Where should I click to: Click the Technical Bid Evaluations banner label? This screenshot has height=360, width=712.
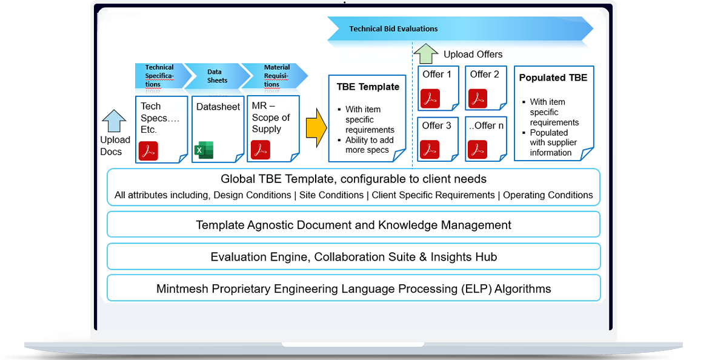pyautogui.click(x=393, y=28)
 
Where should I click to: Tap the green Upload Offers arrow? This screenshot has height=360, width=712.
pyautogui.click(x=425, y=53)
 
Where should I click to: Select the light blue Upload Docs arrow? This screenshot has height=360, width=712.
pyautogui.click(x=113, y=120)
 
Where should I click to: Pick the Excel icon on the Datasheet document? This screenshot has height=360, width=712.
pyautogui.click(x=204, y=150)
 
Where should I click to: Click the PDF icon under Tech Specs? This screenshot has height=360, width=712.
pyautogui.click(x=148, y=150)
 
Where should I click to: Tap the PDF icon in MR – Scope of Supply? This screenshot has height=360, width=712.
pyautogui.click(x=261, y=149)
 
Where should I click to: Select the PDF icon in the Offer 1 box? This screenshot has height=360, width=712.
pyautogui.click(x=431, y=98)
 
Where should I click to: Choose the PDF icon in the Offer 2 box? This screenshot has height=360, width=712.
pyautogui.click(x=478, y=98)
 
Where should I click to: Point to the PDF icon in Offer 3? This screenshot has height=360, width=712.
pyautogui.click(x=431, y=148)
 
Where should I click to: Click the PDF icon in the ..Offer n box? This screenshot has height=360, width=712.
pyautogui.click(x=478, y=148)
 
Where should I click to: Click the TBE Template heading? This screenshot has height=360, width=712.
pyautogui.click(x=368, y=87)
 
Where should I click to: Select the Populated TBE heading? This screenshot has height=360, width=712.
pyautogui.click(x=553, y=78)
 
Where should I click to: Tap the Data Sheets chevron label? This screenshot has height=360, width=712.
pyautogui.click(x=217, y=76)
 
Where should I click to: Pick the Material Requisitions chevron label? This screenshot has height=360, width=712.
pyautogui.click(x=276, y=76)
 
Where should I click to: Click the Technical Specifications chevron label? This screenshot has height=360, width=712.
pyautogui.click(x=159, y=76)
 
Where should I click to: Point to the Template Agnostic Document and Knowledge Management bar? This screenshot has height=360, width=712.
pyautogui.click(x=353, y=225)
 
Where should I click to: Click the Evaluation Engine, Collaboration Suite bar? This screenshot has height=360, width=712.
pyautogui.click(x=353, y=257)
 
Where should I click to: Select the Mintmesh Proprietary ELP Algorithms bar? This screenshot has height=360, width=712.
pyautogui.click(x=353, y=288)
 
